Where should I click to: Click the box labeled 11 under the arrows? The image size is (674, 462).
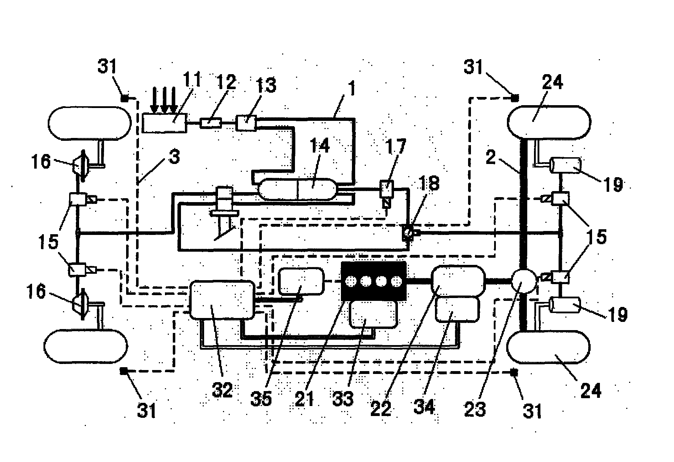click(164, 123)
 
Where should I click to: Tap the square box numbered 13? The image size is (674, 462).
click(246, 123)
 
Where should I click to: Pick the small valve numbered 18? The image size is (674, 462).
click(408, 233)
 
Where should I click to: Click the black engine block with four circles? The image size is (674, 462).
click(373, 281)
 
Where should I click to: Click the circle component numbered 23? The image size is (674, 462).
click(524, 281)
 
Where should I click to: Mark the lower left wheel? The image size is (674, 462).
click(85, 346)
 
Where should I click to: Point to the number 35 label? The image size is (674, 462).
click(261, 399)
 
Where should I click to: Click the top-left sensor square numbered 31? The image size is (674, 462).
click(125, 98)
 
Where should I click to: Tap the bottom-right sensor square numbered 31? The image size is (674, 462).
click(514, 373)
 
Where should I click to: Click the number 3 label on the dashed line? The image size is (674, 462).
click(173, 157)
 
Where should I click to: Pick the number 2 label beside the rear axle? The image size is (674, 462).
click(491, 157)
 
